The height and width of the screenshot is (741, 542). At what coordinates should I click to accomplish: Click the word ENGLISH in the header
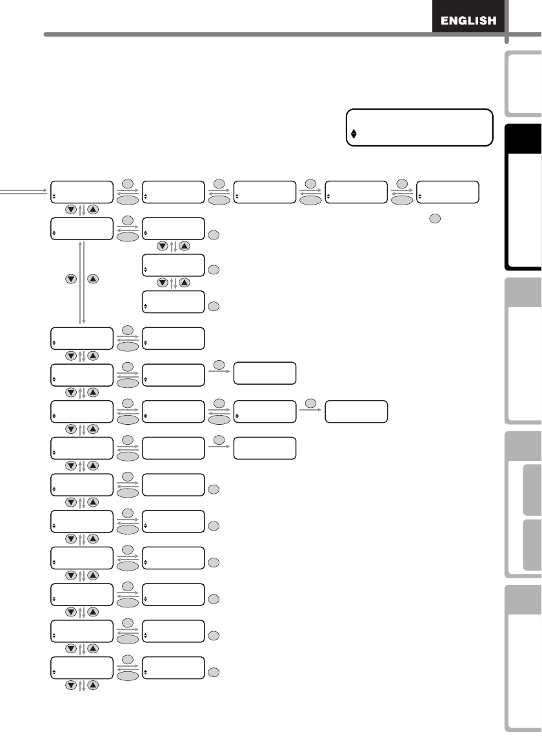468,21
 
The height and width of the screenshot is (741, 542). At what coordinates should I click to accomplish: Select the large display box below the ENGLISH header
419,128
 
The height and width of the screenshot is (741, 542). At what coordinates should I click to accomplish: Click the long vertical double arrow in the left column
81,283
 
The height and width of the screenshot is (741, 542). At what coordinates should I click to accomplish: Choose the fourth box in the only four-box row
357,411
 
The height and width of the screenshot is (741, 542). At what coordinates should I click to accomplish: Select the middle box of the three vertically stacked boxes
174,265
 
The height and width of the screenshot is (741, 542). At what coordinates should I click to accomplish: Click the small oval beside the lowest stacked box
214,305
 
